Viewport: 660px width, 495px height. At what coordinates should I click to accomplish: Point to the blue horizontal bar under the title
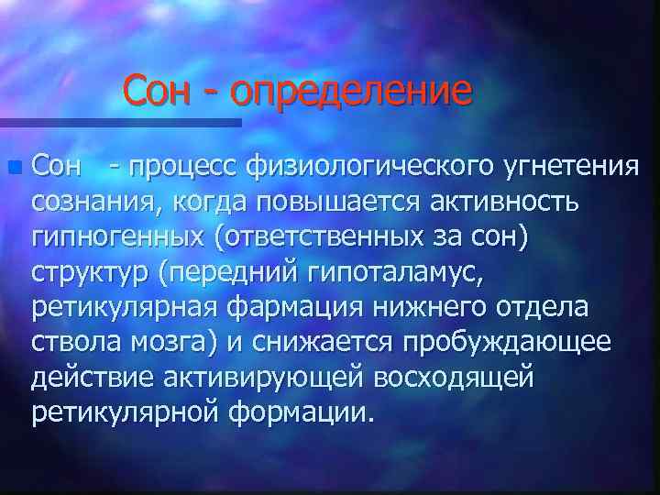[x=119, y=121]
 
